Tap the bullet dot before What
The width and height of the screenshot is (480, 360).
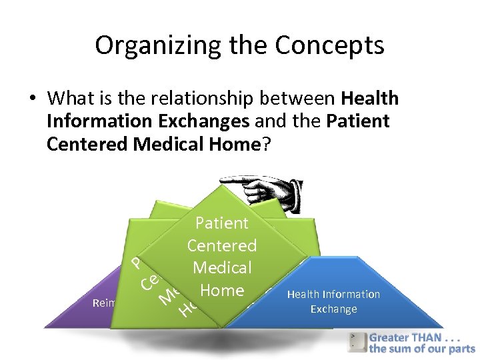(x=31, y=99)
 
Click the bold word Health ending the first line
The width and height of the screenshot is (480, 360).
(x=369, y=99)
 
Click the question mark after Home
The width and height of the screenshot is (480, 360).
(x=267, y=145)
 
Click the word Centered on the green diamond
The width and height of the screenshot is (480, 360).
(x=222, y=245)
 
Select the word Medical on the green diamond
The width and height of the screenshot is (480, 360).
(x=222, y=268)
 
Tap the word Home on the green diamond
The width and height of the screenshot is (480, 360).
(x=222, y=290)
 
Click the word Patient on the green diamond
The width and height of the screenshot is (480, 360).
(x=222, y=223)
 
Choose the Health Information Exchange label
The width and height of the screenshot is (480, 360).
(x=333, y=301)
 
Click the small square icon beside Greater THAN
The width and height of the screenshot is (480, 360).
(x=357, y=342)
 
